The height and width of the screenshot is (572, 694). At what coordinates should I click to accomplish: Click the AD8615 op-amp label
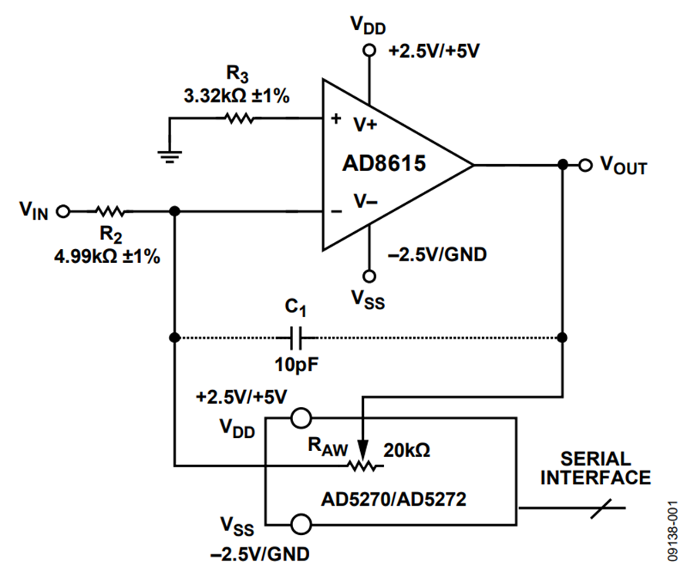[x=384, y=163]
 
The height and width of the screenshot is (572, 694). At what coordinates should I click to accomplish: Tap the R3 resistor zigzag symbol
[x=239, y=118]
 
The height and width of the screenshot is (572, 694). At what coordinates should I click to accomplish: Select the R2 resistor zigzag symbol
[x=110, y=211]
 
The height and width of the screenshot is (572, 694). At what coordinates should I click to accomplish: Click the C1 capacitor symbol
[x=295, y=338]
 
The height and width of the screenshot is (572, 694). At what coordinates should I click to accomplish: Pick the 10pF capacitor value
[x=296, y=365]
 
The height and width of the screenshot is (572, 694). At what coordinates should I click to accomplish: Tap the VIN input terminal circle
[x=63, y=212]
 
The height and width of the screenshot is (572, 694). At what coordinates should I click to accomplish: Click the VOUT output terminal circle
[x=585, y=166]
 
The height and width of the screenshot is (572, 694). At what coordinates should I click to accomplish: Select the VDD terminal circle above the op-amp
[x=369, y=50]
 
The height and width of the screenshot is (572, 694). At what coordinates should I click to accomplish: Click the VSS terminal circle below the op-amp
[x=369, y=277]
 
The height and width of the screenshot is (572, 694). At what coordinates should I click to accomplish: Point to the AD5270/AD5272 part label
[x=393, y=500]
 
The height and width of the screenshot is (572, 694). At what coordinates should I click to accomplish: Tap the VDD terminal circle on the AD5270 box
[x=301, y=418]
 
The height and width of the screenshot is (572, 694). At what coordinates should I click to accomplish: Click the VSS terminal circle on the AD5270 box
[x=301, y=525]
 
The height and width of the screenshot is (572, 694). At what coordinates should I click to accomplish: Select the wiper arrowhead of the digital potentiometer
[x=363, y=451]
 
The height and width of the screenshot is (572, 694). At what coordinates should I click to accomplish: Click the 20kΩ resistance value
[x=406, y=450]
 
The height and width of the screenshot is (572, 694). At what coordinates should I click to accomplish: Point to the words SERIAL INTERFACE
[x=596, y=469]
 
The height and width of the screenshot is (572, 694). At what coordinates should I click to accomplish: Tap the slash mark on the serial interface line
[x=601, y=508]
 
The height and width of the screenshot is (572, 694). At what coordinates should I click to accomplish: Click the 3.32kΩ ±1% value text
[x=237, y=96]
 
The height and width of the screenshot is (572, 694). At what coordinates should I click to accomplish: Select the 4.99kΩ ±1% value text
[x=107, y=256]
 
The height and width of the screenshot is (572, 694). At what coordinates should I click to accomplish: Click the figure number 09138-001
[x=672, y=531]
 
